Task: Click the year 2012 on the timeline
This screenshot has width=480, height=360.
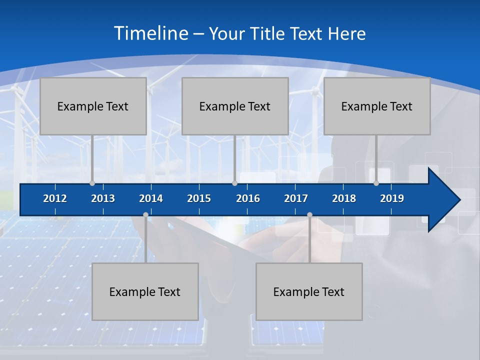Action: tap(55, 198)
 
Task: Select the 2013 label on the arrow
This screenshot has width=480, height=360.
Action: tap(103, 198)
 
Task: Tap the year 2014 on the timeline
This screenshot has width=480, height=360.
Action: tap(151, 198)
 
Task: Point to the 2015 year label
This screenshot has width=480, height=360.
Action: tap(199, 198)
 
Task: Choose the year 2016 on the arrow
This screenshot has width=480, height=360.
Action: tap(248, 198)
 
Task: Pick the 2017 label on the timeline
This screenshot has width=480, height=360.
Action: tap(296, 198)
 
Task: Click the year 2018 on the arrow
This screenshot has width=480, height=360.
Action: tap(344, 198)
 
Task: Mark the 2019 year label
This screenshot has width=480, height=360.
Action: tap(392, 198)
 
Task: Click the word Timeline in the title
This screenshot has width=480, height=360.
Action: tap(151, 33)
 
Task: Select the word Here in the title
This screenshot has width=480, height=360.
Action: tap(346, 34)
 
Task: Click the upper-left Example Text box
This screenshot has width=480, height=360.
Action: tap(93, 106)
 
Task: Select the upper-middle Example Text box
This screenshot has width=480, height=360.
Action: tap(235, 106)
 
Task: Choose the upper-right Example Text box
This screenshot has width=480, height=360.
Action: tap(377, 106)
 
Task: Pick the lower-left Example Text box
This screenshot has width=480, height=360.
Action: tap(145, 291)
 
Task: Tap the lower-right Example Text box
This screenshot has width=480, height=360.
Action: tap(309, 291)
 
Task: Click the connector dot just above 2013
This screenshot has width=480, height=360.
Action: tap(92, 183)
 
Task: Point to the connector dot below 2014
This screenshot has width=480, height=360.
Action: tap(145, 214)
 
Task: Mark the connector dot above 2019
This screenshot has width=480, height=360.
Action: tap(376, 183)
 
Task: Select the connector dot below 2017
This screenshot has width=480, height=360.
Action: tap(309, 214)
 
